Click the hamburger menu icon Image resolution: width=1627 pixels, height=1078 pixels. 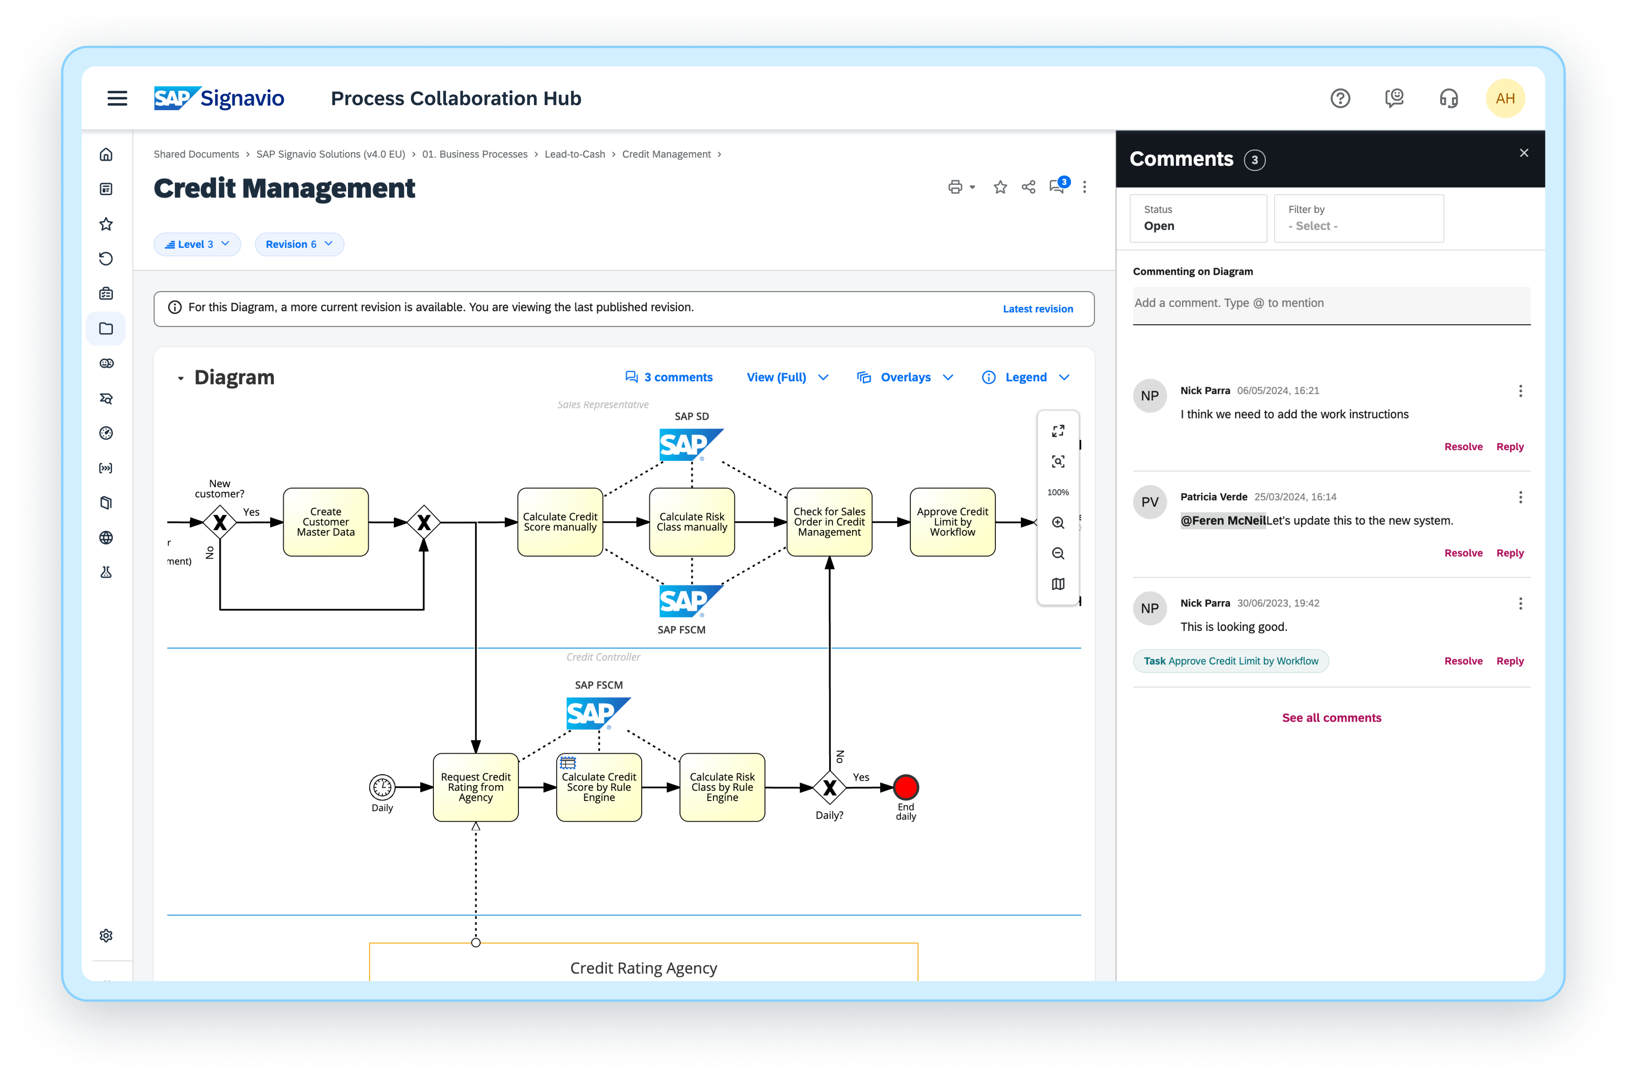click(117, 98)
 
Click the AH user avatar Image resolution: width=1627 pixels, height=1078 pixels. click(1505, 98)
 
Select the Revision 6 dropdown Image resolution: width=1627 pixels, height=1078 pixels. click(299, 244)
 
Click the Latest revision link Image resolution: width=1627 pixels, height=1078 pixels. click(1037, 309)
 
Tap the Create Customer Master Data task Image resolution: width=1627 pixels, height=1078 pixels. click(326, 522)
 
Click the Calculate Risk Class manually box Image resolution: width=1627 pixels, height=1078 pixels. click(691, 522)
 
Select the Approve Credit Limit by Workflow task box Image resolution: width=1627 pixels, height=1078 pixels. click(952, 522)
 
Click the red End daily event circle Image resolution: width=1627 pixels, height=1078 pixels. click(905, 787)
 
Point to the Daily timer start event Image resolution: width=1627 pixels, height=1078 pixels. click(382, 787)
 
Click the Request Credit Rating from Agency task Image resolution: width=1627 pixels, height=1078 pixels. click(476, 787)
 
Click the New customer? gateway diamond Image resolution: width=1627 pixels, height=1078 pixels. click(220, 523)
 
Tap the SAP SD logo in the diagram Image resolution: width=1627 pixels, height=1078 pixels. click(691, 445)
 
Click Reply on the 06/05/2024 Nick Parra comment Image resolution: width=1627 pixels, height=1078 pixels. click(1510, 447)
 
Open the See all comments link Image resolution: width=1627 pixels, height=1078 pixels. click(1331, 718)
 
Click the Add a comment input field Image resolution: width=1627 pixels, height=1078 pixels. click(1331, 303)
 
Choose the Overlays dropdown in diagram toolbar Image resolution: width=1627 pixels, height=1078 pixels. click(905, 377)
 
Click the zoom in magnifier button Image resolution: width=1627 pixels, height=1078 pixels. click(1058, 523)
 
